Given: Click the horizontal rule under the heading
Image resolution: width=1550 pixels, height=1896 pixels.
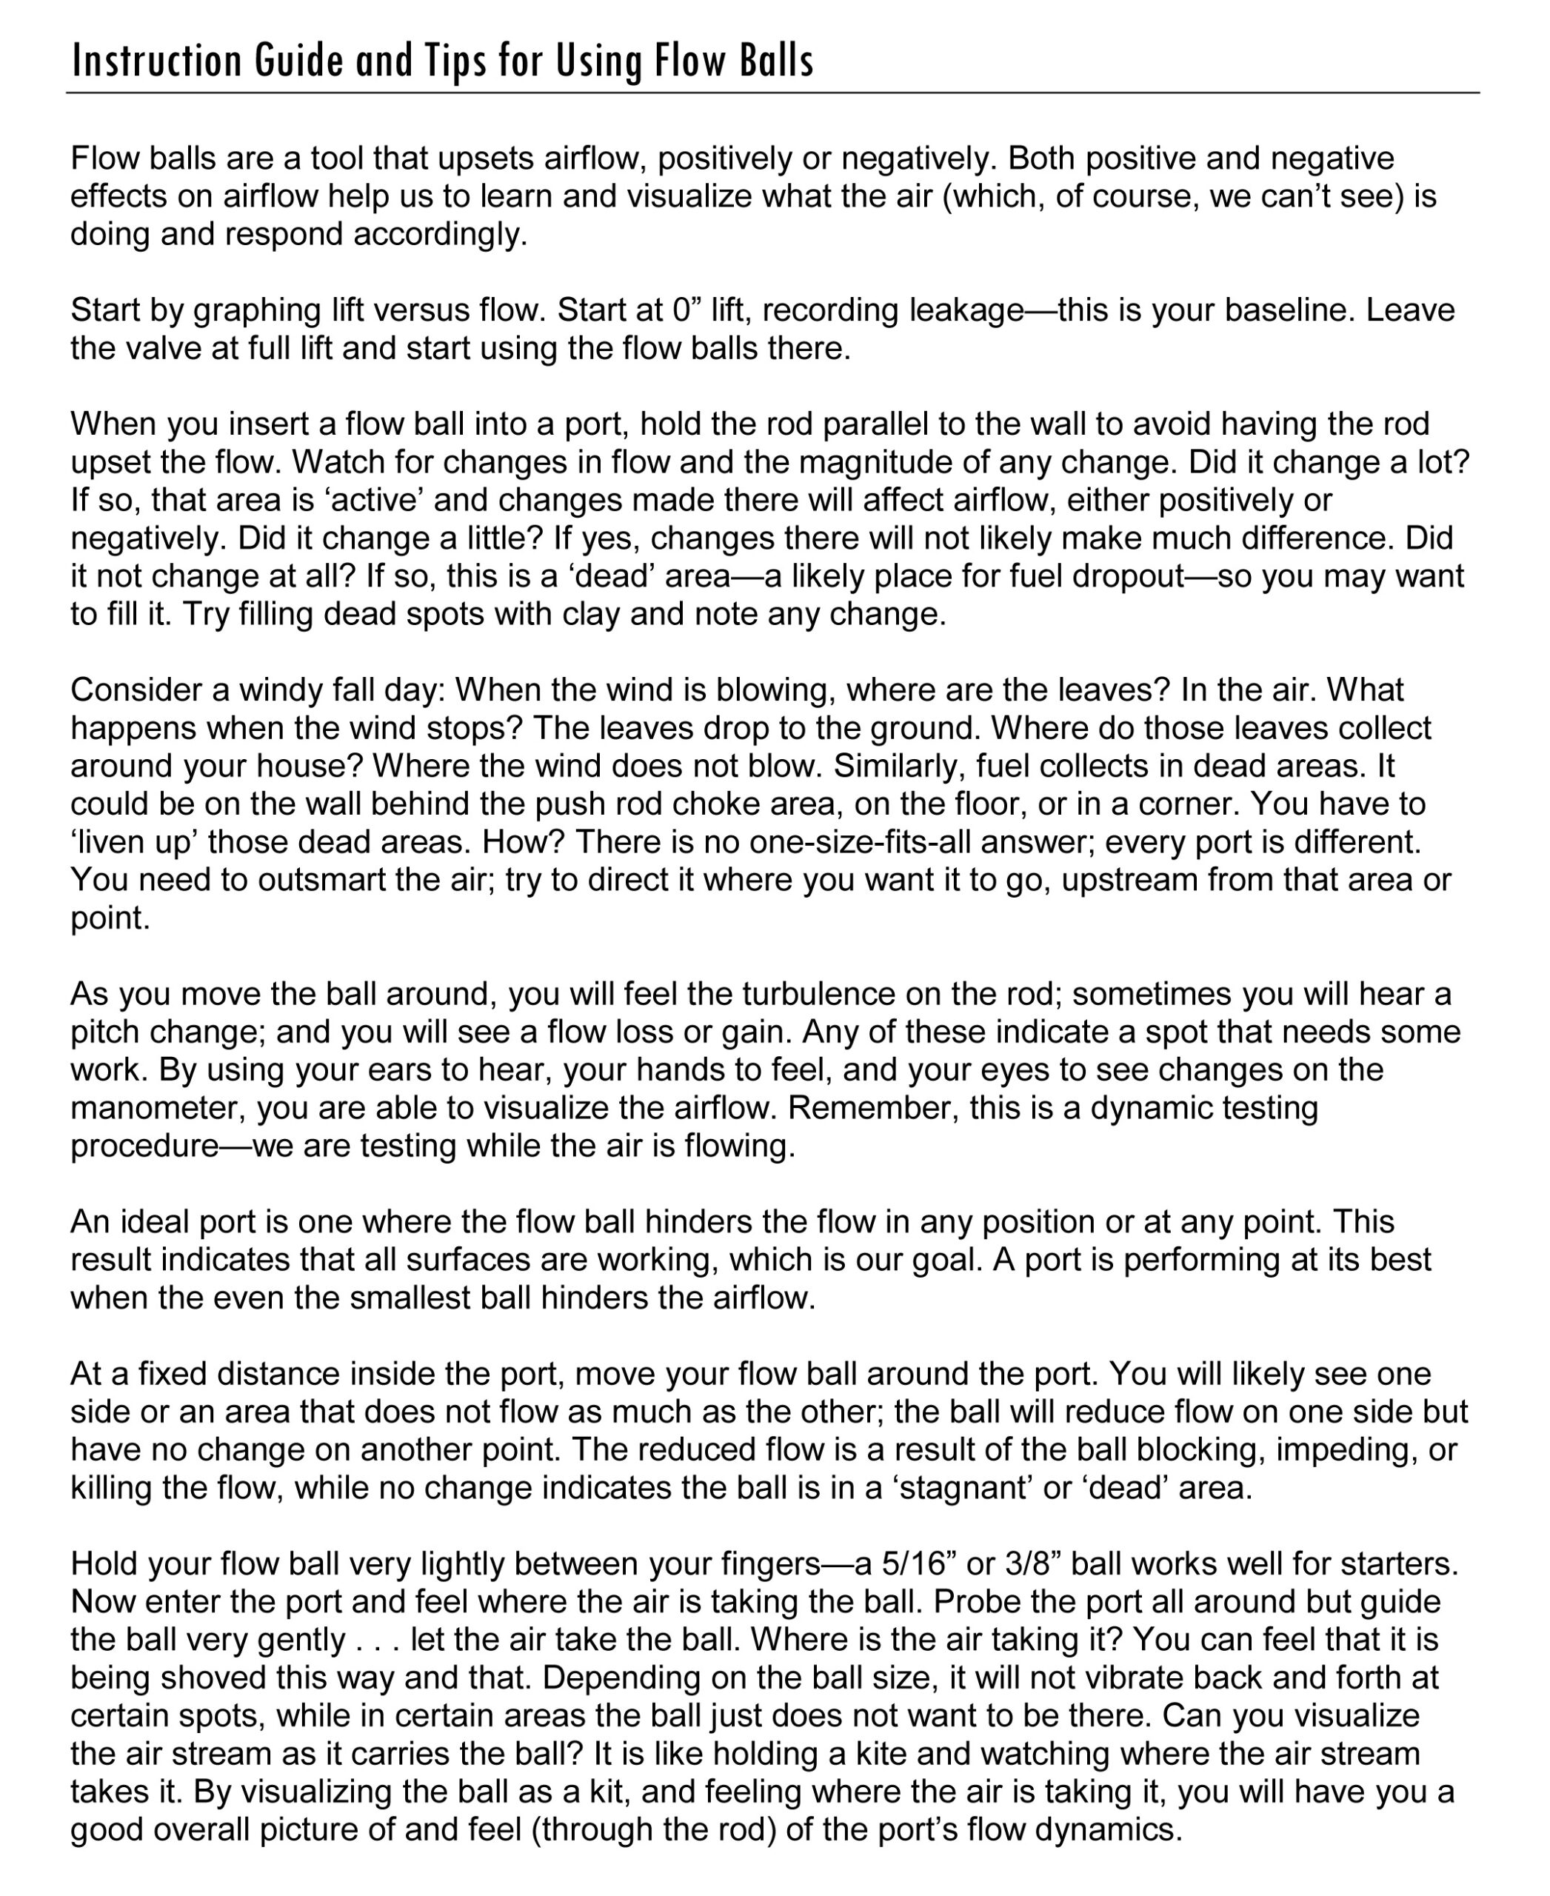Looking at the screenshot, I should click(772, 92).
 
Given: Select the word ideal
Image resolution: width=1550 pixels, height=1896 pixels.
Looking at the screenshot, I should click(156, 1222).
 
